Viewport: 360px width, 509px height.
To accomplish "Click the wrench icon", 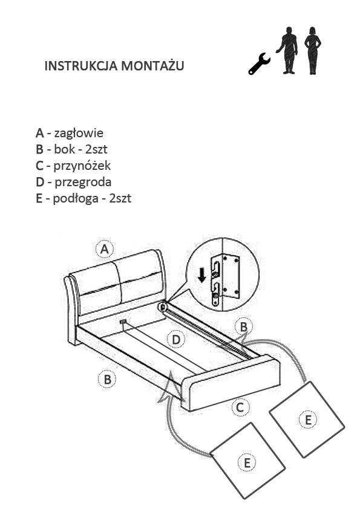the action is [x=260, y=63].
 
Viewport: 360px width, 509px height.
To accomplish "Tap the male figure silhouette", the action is [x=288, y=50].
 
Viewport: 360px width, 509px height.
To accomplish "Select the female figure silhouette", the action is [x=313, y=51].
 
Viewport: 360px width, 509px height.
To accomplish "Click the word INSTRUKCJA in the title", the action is [x=81, y=65].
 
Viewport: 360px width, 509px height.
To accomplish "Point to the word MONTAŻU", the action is [x=152, y=65].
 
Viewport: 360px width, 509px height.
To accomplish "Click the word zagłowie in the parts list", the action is [x=79, y=133].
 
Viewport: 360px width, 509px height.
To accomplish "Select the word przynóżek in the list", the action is [x=82, y=166].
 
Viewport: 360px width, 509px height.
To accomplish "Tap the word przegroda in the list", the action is [x=83, y=182].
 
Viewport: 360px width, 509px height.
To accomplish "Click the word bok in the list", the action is [x=65, y=149].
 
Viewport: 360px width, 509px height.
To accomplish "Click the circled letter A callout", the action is [x=104, y=249].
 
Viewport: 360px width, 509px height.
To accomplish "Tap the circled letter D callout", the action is [x=176, y=340].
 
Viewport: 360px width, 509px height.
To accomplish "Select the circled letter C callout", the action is [x=240, y=407].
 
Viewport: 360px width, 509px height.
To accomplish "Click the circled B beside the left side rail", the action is [x=107, y=379].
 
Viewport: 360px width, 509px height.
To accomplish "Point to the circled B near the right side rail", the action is [x=244, y=326].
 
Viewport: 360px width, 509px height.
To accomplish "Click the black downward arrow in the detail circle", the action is [x=202, y=274].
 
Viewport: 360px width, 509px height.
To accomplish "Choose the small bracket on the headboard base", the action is [x=123, y=322].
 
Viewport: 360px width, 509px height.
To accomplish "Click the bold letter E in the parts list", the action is [x=39, y=198].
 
